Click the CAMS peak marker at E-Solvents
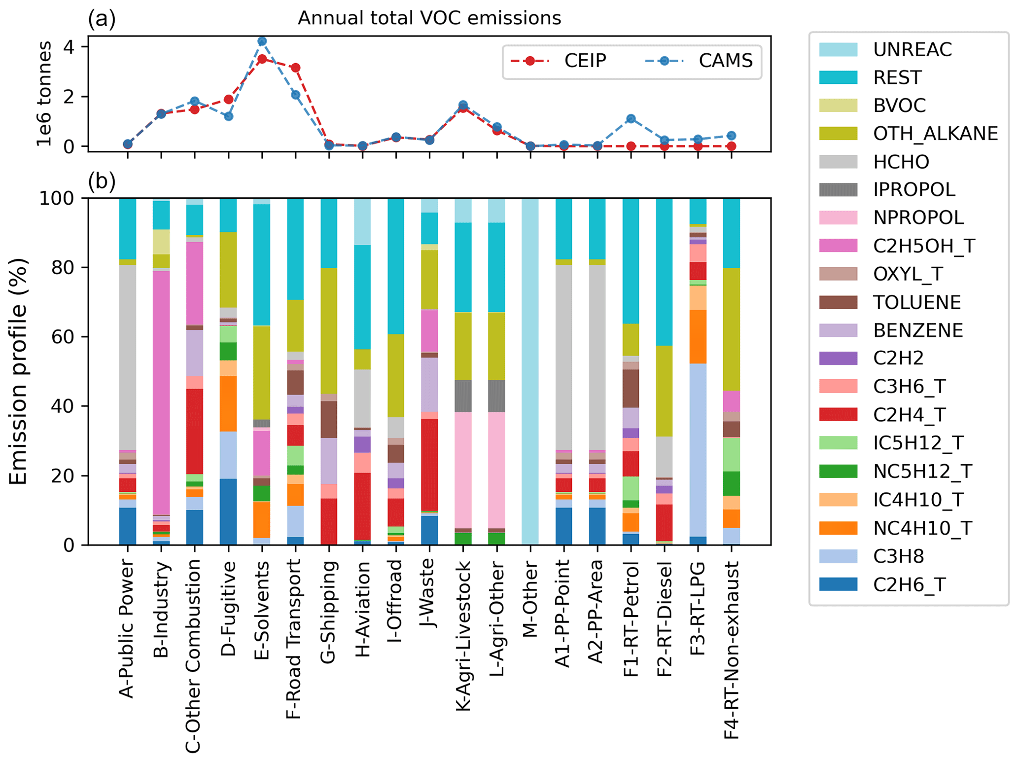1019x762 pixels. (x=262, y=41)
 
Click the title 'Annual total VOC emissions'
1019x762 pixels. (x=429, y=18)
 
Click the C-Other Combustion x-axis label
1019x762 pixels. (x=193, y=655)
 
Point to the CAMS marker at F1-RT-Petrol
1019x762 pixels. (x=631, y=119)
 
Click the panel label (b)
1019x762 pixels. (x=102, y=181)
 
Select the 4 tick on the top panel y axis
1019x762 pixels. (x=69, y=47)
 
